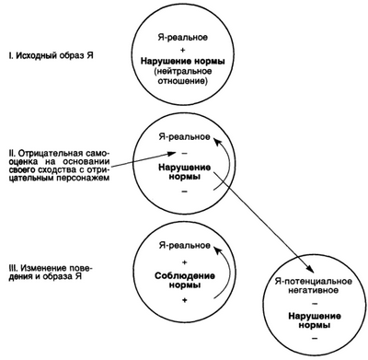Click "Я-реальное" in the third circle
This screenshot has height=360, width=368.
click(x=189, y=247)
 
